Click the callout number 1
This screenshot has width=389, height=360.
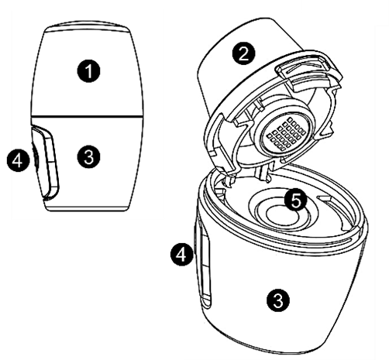[88, 71]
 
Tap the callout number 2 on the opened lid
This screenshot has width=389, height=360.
[243, 54]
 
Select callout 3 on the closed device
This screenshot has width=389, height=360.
[88, 156]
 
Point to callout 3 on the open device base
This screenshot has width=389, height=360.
[278, 300]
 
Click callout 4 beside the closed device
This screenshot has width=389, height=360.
[18, 160]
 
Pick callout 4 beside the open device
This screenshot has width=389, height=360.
[182, 254]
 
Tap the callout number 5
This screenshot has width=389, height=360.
[295, 201]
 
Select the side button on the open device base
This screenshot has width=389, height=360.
[205, 266]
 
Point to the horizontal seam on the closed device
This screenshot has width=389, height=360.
[87, 116]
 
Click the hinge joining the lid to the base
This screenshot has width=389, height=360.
[261, 173]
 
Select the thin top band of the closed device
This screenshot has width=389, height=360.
[88, 29]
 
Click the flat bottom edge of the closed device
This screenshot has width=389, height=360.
[87, 209]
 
